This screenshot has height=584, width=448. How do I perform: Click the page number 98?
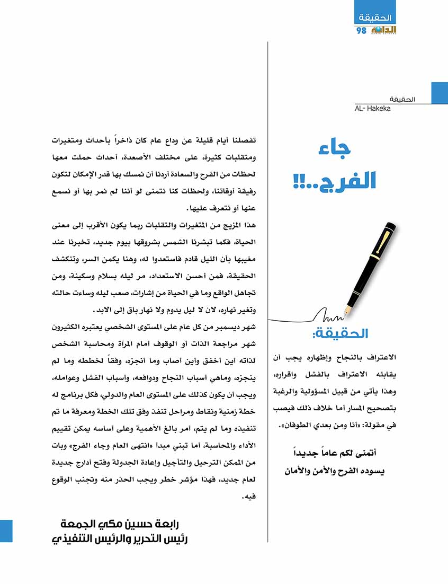362,30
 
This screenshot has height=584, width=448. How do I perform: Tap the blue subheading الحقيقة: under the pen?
339,334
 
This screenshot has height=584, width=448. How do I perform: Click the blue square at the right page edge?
440,93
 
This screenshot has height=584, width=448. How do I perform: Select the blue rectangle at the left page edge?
6,530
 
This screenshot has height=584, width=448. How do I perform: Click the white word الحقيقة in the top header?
374,18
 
